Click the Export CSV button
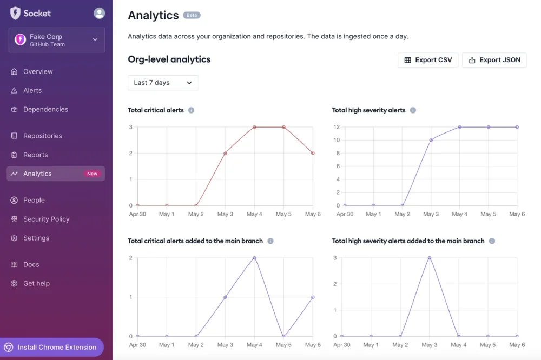pos(428,60)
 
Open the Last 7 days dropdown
pos(163,83)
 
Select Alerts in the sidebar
pos(32,90)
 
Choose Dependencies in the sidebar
pos(45,109)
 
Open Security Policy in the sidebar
pos(46,219)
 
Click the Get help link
pos(36,283)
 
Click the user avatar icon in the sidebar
pos(99,13)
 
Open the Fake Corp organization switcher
pos(56,40)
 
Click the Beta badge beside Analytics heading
pos(192,15)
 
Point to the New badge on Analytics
pos(93,174)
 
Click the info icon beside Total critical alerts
pos(191,110)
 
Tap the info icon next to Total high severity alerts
pos(413,110)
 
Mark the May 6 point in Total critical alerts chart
pos(313,153)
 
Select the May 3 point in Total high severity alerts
pos(431,140)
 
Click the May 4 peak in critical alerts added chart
pos(254,258)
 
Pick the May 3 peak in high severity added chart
pos(430,258)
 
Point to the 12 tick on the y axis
pos(336,127)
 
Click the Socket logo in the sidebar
pos(30,13)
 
